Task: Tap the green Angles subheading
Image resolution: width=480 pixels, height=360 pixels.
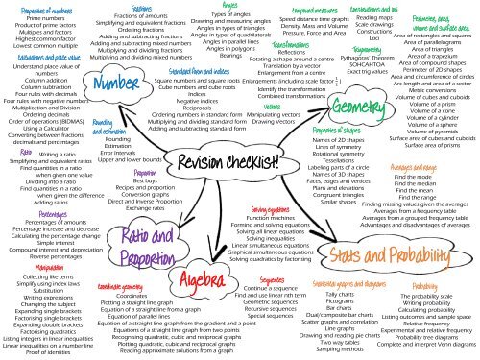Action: (229, 6)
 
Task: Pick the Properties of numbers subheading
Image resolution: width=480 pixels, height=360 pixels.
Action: (45, 8)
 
